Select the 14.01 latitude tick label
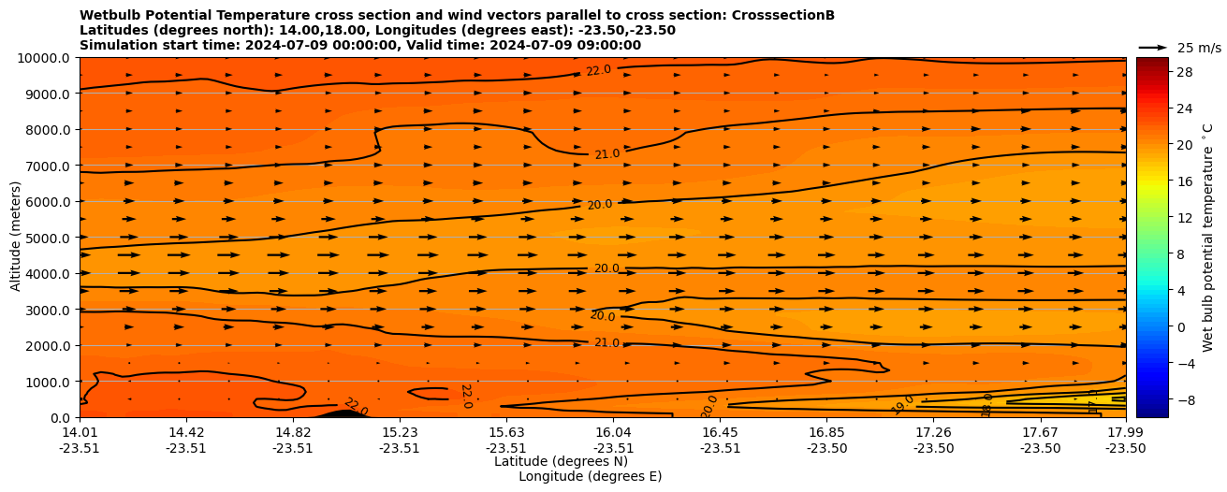tap(80, 432)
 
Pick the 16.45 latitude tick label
tap(720, 432)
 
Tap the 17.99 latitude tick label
tap(1125, 432)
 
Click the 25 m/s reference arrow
tap(1152, 47)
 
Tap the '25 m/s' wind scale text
tap(1199, 48)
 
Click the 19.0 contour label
tap(903, 404)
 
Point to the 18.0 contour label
tap(986, 405)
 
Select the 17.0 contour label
tap(1092, 402)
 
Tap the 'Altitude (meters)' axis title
tap(16, 238)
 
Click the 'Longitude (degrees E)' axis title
tap(590, 476)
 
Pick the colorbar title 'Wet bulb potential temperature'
tap(1208, 238)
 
